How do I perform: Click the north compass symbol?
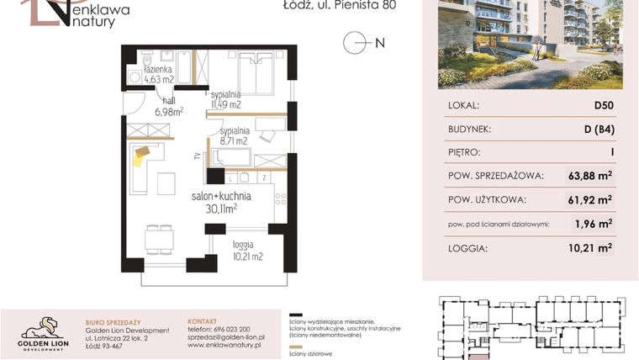[x=356, y=43]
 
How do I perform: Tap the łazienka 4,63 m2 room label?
[x=157, y=73]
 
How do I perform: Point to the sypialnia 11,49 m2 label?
[x=225, y=99]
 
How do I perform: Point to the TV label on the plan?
[x=197, y=156]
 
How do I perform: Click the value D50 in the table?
[x=602, y=106]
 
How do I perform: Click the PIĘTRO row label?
[x=465, y=152]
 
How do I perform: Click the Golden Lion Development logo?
[x=43, y=332]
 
